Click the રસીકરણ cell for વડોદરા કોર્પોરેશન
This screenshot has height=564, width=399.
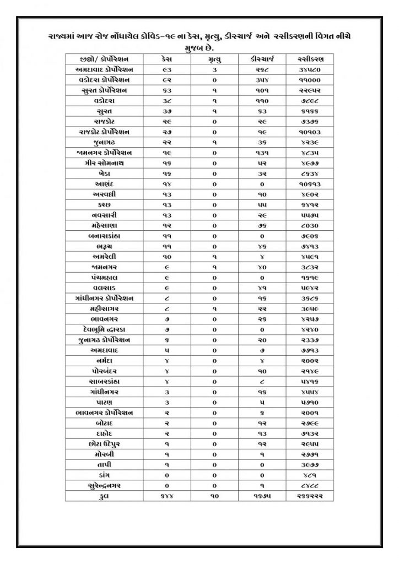tap(309, 80)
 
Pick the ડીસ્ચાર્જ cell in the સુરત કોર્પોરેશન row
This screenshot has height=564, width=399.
tap(262, 91)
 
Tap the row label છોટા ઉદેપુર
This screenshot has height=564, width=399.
tap(105, 443)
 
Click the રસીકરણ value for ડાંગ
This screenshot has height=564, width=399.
tap(309, 475)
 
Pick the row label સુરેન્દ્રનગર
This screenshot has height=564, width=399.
tap(105, 485)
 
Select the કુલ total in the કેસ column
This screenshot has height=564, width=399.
tap(168, 496)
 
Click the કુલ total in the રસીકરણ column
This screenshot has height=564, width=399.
tap(309, 496)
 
